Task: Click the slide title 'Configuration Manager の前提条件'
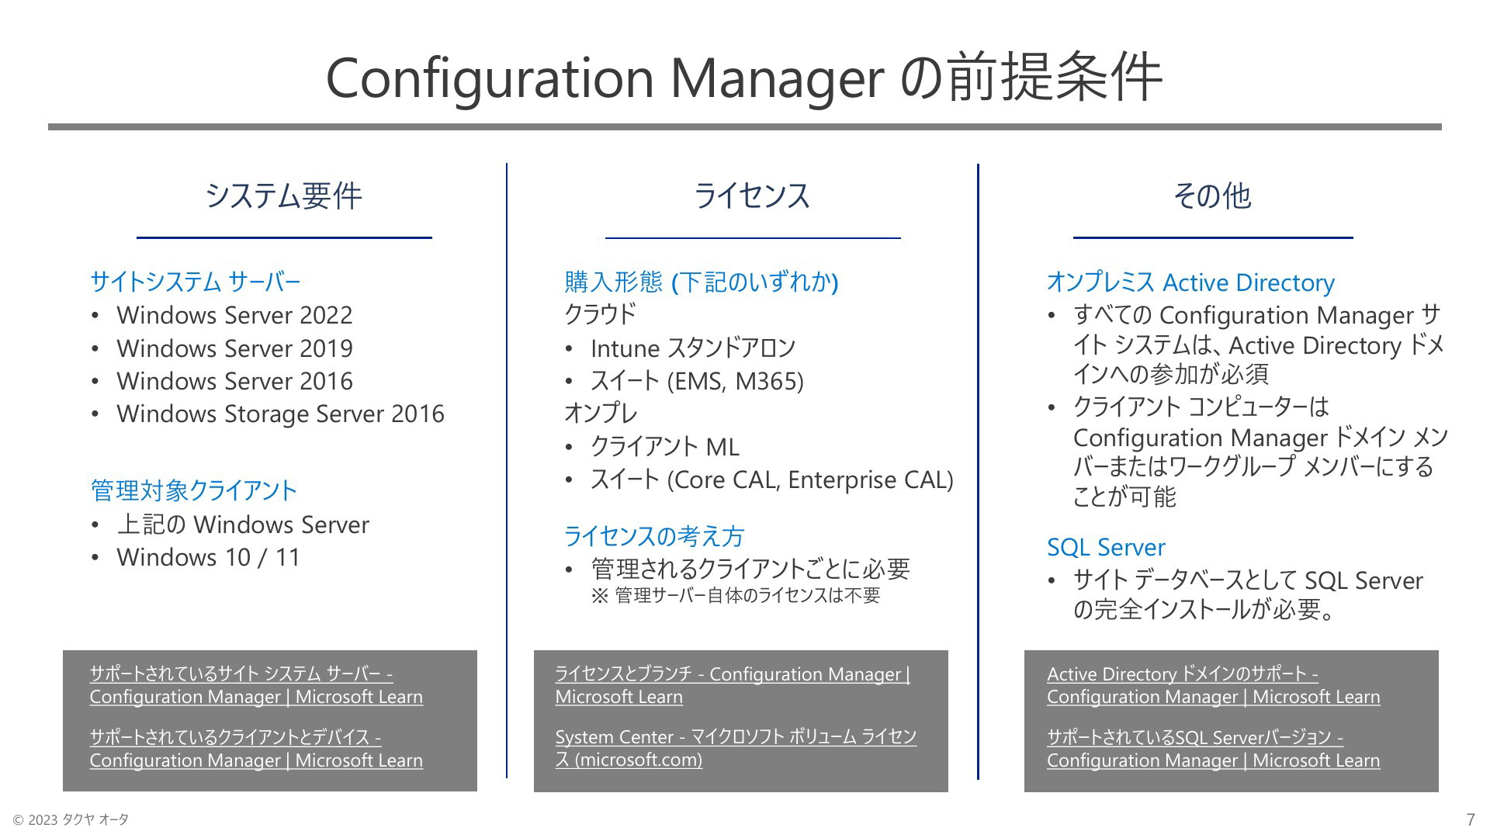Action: pyautogui.click(x=743, y=78)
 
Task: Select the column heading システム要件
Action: pyautogui.click(x=284, y=196)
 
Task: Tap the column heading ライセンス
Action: pyautogui.click(x=752, y=196)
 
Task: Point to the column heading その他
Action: pyautogui.click(x=1212, y=196)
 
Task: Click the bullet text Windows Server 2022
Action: pyautogui.click(x=234, y=315)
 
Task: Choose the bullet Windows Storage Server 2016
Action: pyautogui.click(x=280, y=414)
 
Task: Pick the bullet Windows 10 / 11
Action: pyautogui.click(x=208, y=557)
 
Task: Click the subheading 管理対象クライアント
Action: pyautogui.click(x=194, y=490)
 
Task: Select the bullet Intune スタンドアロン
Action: pyautogui.click(x=693, y=348)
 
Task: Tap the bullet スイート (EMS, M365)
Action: pyautogui.click(x=697, y=381)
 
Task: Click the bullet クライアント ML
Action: pyautogui.click(x=665, y=447)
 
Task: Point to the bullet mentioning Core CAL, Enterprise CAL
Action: pyautogui.click(x=771, y=480)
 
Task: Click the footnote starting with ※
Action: pyautogui.click(x=736, y=596)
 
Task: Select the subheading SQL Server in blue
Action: pyautogui.click(x=1106, y=547)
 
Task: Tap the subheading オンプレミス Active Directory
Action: pyautogui.click(x=1190, y=282)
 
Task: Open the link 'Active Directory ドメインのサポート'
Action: pyautogui.click(x=1214, y=685)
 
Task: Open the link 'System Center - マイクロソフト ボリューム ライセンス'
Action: pyautogui.click(x=736, y=748)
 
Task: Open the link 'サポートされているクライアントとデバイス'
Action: pyautogui.click(x=256, y=749)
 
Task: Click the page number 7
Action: pyautogui.click(x=1471, y=819)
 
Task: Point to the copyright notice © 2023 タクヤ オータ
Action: pyautogui.click(x=71, y=819)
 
